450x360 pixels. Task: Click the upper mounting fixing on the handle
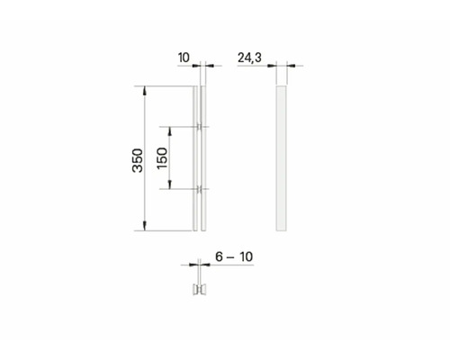(201, 126)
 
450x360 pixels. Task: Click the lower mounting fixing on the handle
(201, 189)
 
